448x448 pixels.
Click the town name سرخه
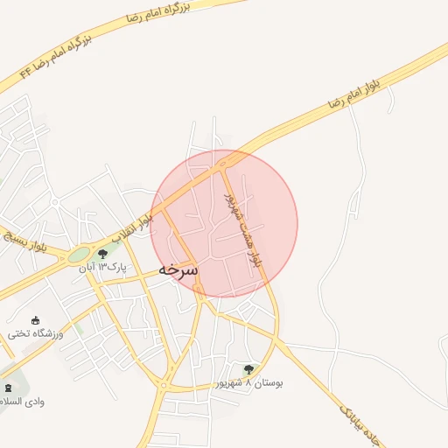[178, 270]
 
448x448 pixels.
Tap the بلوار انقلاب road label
[133, 229]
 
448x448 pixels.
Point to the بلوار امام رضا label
[359, 94]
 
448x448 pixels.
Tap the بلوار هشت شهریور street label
[242, 228]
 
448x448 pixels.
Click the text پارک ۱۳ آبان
[103, 267]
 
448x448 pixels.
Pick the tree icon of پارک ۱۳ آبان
[103, 254]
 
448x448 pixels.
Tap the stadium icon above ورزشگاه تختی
[36, 320]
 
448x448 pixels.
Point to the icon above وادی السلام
[9, 387]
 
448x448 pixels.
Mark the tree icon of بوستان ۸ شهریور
[249, 369]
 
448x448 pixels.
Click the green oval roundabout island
[79, 255]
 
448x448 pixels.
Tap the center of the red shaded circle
[224, 224]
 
